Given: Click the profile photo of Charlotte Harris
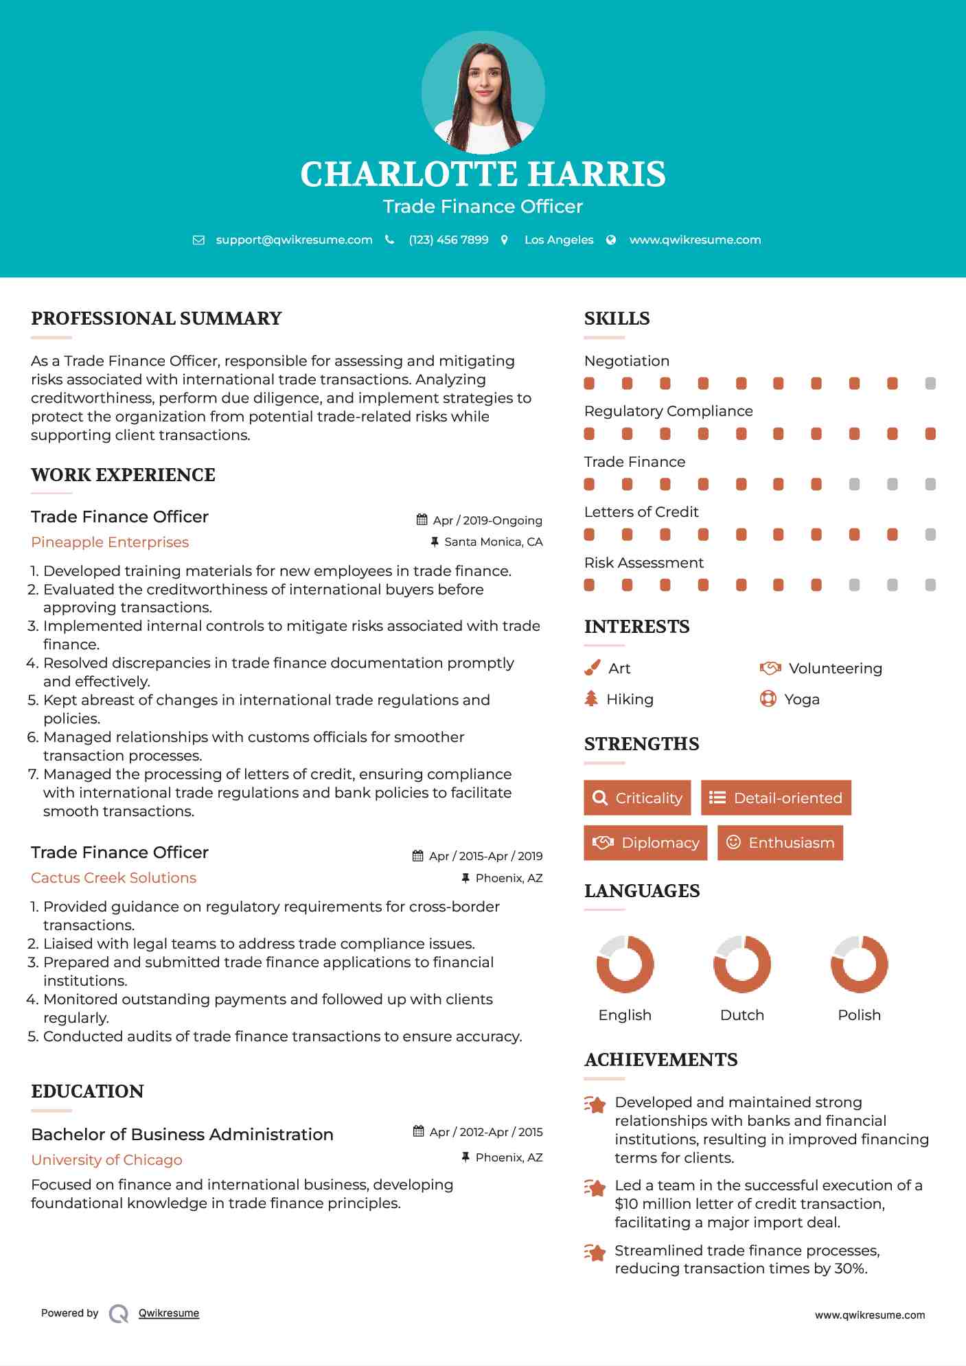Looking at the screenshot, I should (483, 93).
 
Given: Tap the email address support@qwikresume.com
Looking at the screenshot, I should (294, 240).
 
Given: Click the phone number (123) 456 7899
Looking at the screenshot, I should (448, 240).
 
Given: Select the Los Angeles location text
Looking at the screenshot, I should (558, 240).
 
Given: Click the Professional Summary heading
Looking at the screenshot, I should (157, 319).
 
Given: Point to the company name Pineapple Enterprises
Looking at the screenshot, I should (110, 542).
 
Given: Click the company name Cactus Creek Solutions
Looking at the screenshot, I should (113, 878).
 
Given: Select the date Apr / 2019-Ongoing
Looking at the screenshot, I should (487, 520).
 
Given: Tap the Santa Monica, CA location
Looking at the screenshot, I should (493, 542).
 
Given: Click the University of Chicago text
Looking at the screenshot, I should (106, 1160).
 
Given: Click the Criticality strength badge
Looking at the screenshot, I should (637, 798).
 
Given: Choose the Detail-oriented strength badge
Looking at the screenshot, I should (776, 798).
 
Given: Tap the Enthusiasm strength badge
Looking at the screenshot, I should (780, 842).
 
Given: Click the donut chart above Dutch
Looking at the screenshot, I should (741, 964).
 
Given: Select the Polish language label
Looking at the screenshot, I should (859, 1015).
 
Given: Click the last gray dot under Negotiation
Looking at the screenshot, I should (930, 384).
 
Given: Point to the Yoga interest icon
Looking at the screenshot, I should (768, 699).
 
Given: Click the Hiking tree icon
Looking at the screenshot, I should (591, 699).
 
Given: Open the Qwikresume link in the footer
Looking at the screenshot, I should (169, 1313).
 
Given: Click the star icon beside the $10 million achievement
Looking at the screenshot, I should (595, 1188).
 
